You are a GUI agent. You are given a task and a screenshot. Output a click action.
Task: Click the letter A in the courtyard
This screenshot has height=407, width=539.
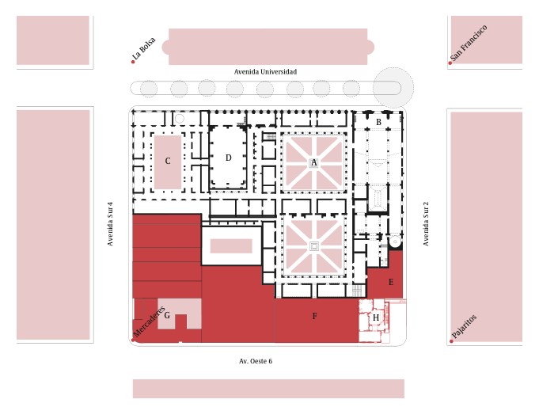313,162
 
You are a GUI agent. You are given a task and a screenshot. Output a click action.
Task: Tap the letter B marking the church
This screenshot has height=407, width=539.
378,122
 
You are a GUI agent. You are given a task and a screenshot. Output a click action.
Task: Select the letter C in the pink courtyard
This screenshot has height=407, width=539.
168,161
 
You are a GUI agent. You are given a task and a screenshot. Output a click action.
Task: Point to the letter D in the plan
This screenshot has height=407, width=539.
228,158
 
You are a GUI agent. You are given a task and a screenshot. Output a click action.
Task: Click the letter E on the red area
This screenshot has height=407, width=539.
391,282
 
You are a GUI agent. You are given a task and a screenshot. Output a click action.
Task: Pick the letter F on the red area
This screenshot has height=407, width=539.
314,316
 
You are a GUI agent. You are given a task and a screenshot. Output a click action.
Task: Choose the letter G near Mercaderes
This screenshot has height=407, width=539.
167,315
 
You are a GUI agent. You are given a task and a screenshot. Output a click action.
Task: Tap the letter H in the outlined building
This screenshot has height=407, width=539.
376,318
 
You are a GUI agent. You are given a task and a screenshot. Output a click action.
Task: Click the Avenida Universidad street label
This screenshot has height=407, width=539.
265,72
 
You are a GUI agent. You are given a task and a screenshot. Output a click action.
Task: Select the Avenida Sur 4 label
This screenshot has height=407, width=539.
110,223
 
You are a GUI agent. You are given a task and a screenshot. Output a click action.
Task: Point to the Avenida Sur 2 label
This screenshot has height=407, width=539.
426,223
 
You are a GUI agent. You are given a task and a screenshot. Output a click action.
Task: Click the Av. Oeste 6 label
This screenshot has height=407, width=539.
256,361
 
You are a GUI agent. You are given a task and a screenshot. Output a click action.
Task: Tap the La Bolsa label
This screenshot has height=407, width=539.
144,48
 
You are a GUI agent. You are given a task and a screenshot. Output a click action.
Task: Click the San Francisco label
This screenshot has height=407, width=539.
469,43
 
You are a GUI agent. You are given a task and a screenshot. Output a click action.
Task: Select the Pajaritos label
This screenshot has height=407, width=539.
464,326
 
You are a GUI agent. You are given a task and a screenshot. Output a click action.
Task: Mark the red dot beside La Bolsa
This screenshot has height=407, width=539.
133,62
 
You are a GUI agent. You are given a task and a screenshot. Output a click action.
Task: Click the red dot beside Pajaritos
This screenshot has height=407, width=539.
451,341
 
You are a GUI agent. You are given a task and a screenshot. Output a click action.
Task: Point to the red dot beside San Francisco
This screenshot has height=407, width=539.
450,63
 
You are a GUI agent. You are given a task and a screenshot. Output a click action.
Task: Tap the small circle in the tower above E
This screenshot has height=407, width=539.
395,242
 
